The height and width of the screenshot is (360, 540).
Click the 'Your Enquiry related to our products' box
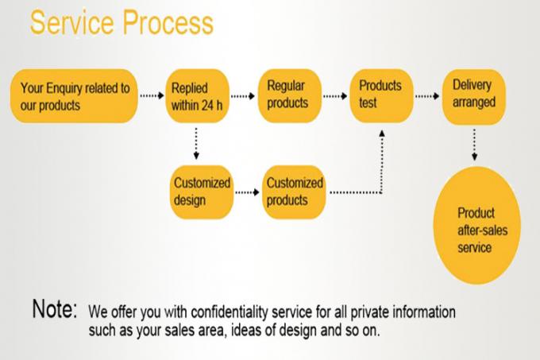pos(74,96)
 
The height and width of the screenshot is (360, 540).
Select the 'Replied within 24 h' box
pos(197,96)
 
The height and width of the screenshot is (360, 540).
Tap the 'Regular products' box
pos(290,96)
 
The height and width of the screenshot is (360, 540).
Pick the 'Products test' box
pos(382,96)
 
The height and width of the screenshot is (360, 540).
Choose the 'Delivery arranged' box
pos(474,97)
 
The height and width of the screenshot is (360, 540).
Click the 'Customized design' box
pos(202,192)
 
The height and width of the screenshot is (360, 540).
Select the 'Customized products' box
pos(295,192)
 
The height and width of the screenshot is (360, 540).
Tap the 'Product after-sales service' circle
pos(477,226)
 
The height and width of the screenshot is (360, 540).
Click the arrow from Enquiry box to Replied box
pos(152,95)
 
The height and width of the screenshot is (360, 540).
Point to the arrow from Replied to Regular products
pos(243,96)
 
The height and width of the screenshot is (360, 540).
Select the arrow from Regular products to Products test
pos(335,96)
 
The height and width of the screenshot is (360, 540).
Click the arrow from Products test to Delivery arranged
pos(427,96)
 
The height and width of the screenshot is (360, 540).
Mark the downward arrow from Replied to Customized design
pos(196,143)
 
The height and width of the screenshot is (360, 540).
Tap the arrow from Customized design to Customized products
pos(247,192)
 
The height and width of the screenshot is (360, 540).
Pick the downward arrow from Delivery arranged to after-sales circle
pos(474,145)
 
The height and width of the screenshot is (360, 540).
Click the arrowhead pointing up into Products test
pos(382,133)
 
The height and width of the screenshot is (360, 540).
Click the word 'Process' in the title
pos(168,23)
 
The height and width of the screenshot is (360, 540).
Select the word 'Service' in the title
pos(72,22)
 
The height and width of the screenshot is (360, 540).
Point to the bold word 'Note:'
pos(55,308)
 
